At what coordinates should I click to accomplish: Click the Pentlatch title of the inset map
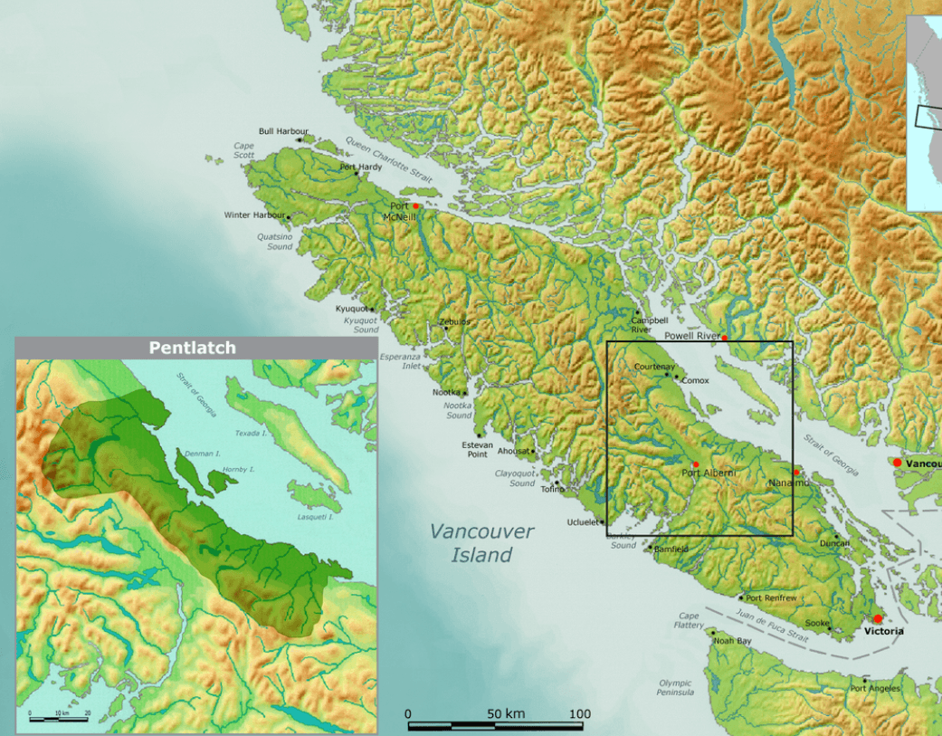point(192,348)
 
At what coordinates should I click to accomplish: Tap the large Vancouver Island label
point(481,543)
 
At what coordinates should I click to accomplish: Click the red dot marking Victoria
point(877,619)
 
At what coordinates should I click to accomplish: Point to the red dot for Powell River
point(724,338)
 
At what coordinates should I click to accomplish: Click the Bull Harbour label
point(283,131)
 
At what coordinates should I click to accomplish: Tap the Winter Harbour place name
point(254,215)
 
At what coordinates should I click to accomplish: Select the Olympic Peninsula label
point(675,688)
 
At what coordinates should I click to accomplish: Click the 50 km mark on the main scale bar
point(508,714)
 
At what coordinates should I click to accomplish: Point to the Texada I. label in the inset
point(251,434)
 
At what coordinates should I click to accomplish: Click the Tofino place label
point(551,490)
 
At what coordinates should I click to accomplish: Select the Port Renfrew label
point(771,598)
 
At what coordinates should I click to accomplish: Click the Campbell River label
point(649,325)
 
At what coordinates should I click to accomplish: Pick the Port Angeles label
point(875,688)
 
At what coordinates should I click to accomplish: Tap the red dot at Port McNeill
point(416,206)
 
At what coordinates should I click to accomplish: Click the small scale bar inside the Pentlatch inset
point(58,719)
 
